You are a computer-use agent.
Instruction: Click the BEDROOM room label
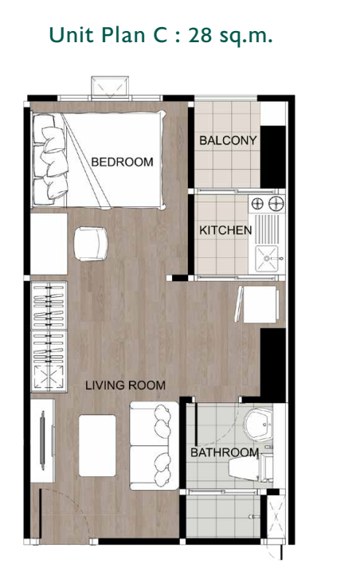(x=122, y=162)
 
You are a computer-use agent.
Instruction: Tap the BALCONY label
(x=228, y=141)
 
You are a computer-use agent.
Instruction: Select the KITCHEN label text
(x=225, y=231)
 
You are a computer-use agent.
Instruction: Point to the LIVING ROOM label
(x=126, y=385)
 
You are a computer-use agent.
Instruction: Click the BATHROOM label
(x=224, y=453)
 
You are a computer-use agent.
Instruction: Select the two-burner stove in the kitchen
(x=267, y=205)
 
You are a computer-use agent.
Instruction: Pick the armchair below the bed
(x=91, y=243)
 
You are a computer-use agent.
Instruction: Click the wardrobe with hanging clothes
(x=48, y=335)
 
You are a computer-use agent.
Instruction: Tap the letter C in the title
(x=160, y=37)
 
